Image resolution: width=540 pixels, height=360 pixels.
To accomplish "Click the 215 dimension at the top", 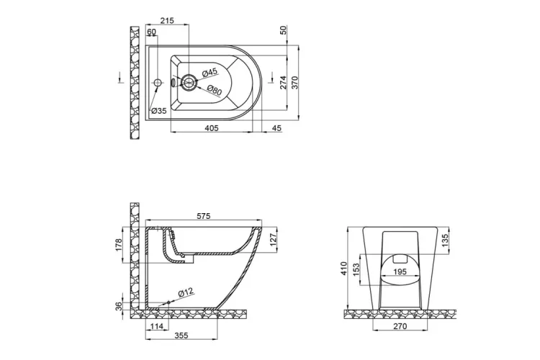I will click(166, 21).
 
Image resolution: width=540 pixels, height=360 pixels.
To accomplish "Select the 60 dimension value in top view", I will click(152, 32).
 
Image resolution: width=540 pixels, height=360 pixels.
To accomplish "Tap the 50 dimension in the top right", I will click(284, 30).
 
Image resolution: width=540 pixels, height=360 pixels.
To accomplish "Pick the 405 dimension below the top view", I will click(211, 127).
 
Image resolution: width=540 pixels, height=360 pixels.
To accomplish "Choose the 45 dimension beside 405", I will click(276, 127).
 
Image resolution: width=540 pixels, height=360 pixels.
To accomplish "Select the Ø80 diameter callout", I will click(214, 90).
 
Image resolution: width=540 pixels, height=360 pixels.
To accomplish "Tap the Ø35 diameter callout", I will click(158, 110).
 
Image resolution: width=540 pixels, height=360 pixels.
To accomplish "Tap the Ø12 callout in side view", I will click(186, 291).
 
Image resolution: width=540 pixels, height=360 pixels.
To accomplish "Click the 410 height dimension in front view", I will click(345, 269).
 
